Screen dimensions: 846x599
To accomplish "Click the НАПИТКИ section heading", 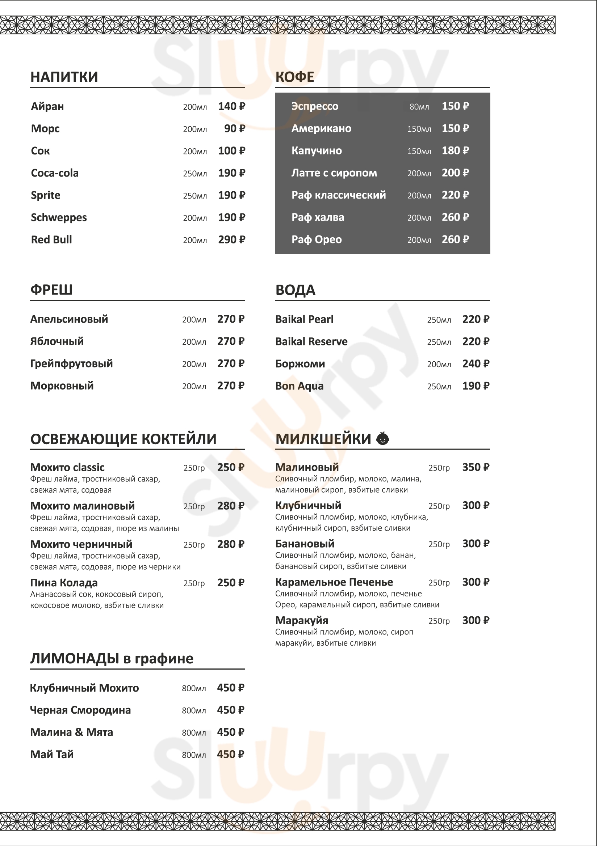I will [64, 77].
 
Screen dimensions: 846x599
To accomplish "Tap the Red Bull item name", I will [51, 240].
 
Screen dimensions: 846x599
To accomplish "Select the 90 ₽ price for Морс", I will [235, 129].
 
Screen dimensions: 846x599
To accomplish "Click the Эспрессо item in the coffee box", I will [315, 106].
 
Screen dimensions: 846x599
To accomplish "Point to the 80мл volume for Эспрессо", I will [419, 107].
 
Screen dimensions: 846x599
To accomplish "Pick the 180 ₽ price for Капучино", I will [455, 151].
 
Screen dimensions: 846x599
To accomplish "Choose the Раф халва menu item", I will [318, 217].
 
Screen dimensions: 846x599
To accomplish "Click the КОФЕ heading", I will [295, 77].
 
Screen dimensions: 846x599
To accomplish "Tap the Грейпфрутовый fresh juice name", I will [72, 364].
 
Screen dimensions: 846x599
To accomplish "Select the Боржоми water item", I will [300, 364].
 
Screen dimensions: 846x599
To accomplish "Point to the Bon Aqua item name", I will [299, 386].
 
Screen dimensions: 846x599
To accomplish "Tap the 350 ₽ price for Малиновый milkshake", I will [476, 468].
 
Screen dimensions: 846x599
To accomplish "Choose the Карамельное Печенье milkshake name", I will [334, 582].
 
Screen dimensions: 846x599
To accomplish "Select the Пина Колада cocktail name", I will [64, 583].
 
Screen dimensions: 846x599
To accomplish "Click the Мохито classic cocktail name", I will [67, 468].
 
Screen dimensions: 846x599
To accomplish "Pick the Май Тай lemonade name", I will [52, 754].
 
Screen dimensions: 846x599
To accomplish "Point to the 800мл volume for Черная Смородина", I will [194, 711].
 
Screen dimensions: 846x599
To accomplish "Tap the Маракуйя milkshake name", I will [301, 621].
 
